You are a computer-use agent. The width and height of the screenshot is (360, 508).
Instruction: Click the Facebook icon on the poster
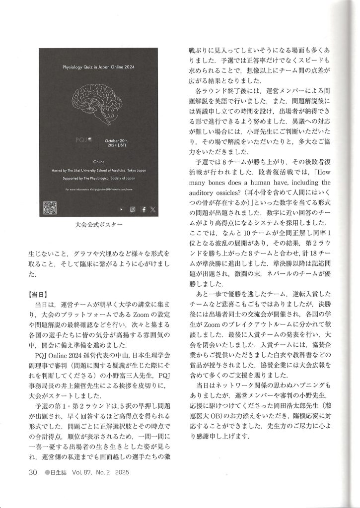pos(143,210)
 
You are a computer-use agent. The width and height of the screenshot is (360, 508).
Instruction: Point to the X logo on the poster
pos(152,210)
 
